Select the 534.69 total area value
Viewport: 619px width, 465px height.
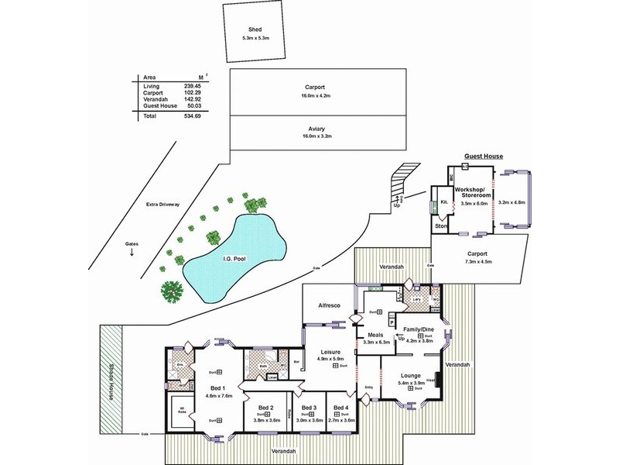(x=192, y=115)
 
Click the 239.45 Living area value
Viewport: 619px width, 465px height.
(x=192, y=86)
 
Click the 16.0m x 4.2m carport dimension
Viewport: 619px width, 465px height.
(x=316, y=95)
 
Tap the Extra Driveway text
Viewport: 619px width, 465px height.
(x=162, y=205)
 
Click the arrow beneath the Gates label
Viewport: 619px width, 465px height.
(x=132, y=252)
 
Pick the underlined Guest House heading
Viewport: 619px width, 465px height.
(x=483, y=156)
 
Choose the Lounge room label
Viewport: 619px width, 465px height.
(x=410, y=375)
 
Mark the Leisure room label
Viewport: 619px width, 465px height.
(x=332, y=351)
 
